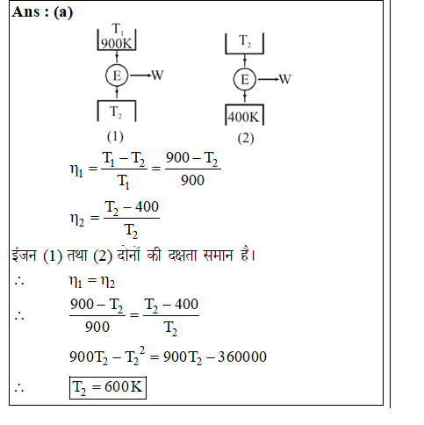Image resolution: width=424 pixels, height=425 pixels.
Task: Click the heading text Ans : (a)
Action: pos(42,12)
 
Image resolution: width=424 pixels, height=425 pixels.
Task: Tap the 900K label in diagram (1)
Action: pos(117,44)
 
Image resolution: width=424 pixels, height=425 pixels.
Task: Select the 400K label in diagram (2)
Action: pos(243,117)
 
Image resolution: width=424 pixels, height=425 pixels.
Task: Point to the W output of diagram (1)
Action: pos(157,76)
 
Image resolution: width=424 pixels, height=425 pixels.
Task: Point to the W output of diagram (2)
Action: pos(284,79)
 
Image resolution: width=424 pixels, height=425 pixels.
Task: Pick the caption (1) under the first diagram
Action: pos(115,137)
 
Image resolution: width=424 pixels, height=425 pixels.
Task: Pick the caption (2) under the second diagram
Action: pos(246,139)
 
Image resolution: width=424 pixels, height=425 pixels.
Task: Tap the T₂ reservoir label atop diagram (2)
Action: pos(245,40)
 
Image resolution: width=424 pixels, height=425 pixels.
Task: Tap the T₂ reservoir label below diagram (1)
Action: pos(116,112)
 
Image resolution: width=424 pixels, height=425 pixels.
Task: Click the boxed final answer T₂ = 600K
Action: pos(108,387)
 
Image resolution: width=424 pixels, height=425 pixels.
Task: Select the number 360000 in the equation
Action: pos(242,357)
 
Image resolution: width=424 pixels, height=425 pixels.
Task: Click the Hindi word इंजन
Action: pos(25,255)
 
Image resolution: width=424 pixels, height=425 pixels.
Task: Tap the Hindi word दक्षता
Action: pos(183,256)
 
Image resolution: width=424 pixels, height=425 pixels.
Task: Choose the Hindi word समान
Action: pos(218,256)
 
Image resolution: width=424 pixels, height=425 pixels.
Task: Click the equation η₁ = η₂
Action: pos(92,281)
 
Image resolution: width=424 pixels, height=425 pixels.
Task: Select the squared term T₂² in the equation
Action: pos(135,356)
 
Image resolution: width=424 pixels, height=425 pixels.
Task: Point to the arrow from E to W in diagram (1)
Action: pos(140,76)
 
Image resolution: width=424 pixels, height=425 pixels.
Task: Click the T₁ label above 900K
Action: pos(118,29)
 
